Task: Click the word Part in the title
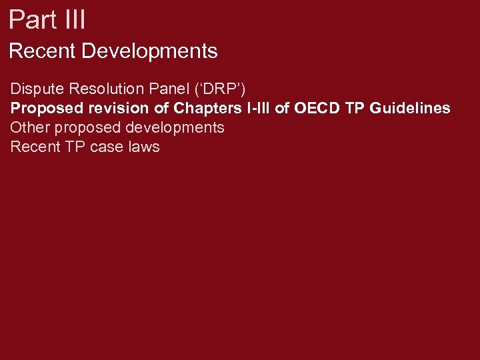point(31,19)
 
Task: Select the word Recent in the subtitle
point(42,51)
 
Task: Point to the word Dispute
point(34,89)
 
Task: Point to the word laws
point(143,147)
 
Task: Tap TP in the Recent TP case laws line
point(73,147)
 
